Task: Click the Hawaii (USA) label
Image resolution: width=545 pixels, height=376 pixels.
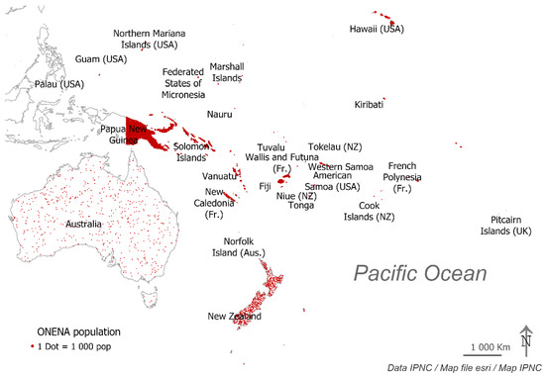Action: (x=379, y=30)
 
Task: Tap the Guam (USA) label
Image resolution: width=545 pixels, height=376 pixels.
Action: (x=102, y=59)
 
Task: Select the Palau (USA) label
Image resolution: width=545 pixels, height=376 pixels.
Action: (x=58, y=84)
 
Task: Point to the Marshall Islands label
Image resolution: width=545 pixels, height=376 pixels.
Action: (x=227, y=71)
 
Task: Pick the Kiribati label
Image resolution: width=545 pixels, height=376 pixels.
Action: (x=370, y=104)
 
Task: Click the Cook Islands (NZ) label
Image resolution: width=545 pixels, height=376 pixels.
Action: (x=370, y=211)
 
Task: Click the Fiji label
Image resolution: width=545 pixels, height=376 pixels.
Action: (x=265, y=186)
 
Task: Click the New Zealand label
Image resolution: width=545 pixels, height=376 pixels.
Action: (x=234, y=317)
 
